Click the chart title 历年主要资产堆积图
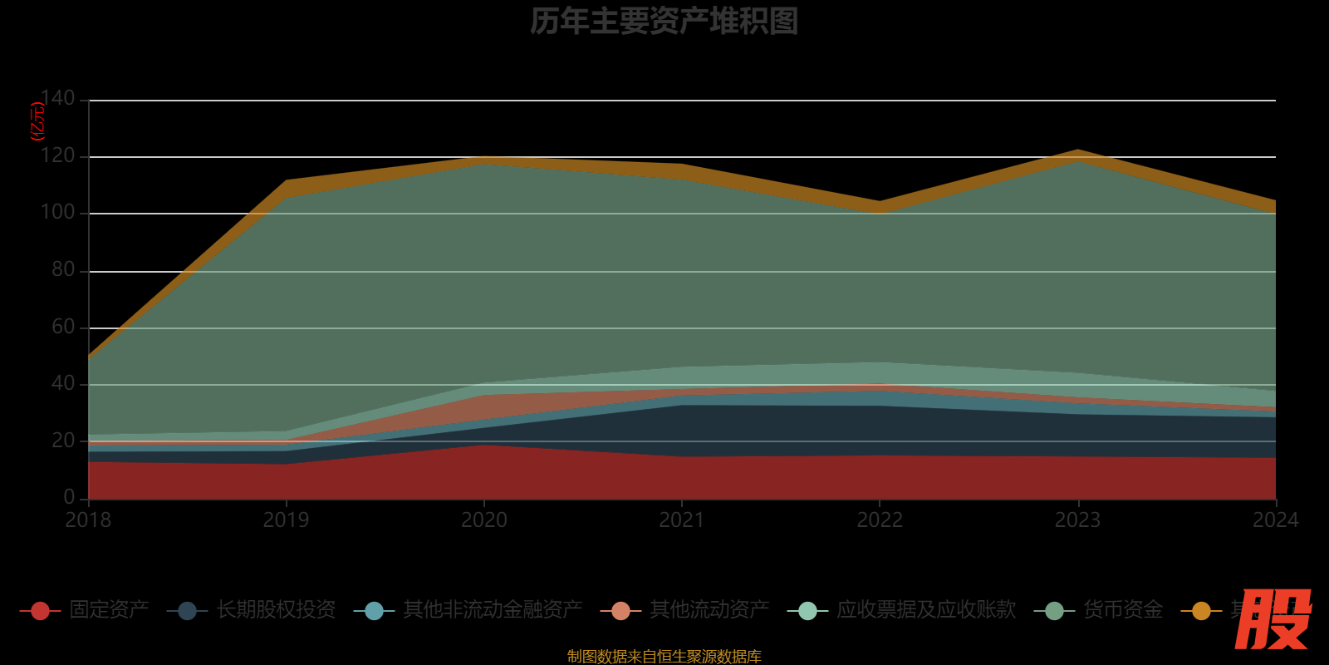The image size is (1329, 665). tap(664, 22)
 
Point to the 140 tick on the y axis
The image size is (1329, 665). tap(57, 99)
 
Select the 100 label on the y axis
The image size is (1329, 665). tap(57, 213)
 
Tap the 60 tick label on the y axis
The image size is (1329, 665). tap(63, 327)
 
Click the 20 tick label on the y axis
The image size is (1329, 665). tap(63, 441)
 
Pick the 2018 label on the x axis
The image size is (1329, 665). tap(88, 520)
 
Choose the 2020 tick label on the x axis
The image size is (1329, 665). tap(484, 520)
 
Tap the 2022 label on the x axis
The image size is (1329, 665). tap(880, 520)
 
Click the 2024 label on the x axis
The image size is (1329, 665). tap(1275, 520)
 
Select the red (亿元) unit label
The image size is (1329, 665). tap(37, 121)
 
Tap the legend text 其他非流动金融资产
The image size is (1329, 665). tap(493, 610)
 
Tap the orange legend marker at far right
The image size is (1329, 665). tap(1201, 611)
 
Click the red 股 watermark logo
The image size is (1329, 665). tap(1273, 619)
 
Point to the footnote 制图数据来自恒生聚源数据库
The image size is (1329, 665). tap(664, 657)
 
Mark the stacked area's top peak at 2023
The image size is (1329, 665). tap(1077, 151)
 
